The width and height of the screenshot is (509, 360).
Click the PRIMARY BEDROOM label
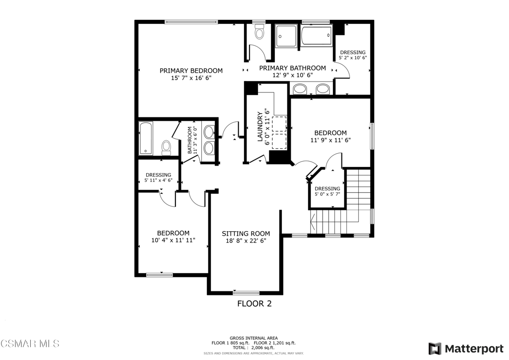(191, 71)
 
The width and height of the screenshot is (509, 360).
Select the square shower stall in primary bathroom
(286, 36)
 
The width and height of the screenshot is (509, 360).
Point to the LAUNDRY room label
(259, 127)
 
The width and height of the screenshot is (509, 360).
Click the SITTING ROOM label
(246, 233)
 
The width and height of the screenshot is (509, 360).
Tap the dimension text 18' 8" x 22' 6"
(246, 241)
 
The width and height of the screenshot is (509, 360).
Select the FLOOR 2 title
(254, 303)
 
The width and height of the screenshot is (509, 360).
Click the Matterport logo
(466, 349)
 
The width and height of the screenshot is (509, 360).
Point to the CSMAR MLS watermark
(30, 344)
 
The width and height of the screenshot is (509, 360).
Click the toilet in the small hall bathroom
(166, 148)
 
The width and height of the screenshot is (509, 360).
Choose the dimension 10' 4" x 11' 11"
(173, 240)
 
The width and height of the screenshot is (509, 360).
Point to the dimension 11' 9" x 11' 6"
(331, 140)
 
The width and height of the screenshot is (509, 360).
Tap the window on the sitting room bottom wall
(246, 293)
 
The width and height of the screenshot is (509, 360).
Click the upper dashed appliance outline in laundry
(279, 123)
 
